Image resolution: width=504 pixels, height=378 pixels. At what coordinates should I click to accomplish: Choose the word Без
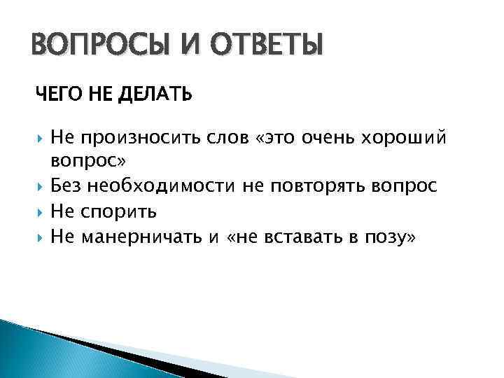coord(68,185)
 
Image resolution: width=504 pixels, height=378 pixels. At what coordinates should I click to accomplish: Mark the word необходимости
coord(164,185)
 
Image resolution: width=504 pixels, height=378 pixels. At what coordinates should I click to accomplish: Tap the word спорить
coord(119,211)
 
